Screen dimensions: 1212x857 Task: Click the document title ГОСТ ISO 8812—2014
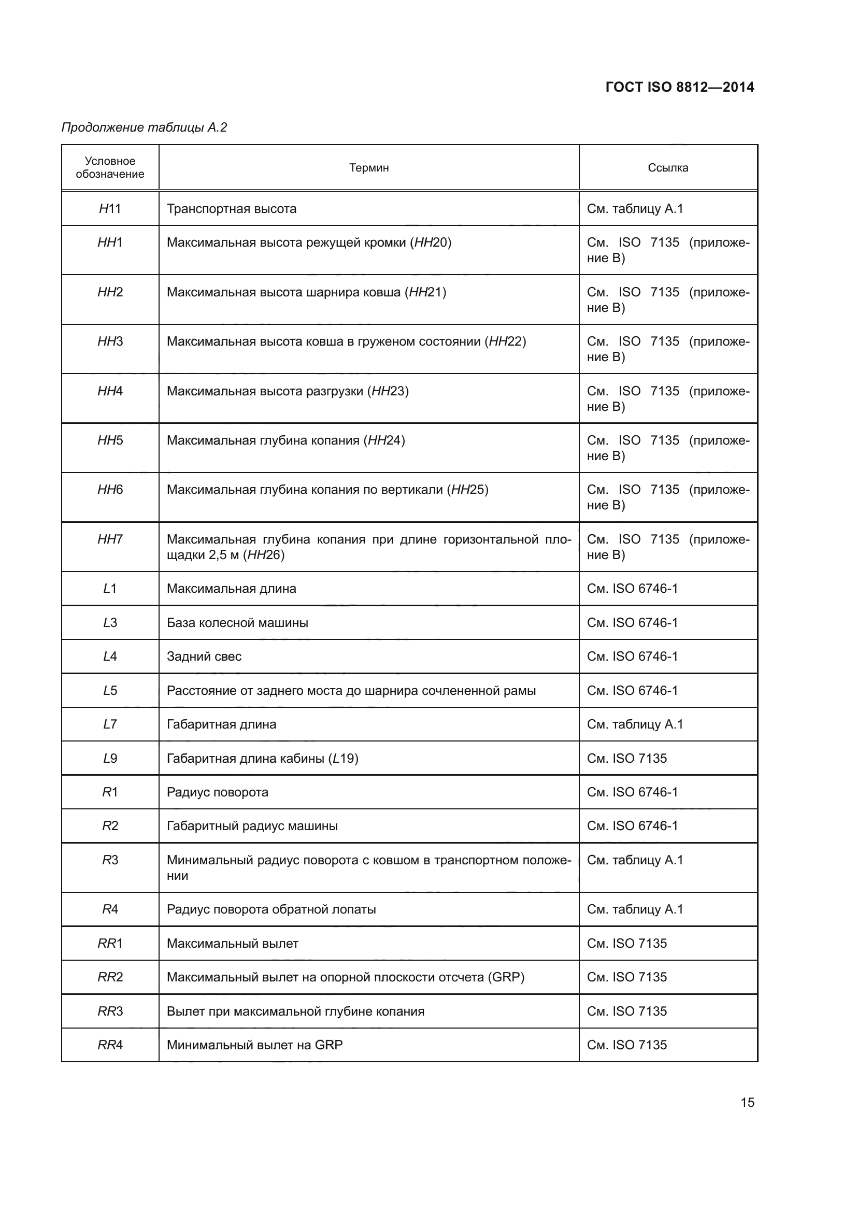coord(679,87)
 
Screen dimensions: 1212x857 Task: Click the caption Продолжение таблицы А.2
coord(144,127)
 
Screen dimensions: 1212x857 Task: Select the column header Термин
coord(369,168)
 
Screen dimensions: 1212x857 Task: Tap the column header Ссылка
coord(667,168)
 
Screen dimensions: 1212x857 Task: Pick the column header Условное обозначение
coord(110,168)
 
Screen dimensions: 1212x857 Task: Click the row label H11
coord(110,209)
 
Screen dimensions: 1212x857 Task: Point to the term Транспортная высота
coord(232,209)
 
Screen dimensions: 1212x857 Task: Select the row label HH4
coord(110,391)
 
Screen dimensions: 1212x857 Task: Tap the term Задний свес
coord(204,657)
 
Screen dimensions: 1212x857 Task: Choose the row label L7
coord(110,725)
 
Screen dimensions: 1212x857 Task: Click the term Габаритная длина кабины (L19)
coord(262,759)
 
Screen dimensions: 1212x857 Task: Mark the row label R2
coord(110,826)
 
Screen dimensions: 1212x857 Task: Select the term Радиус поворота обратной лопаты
coord(271,909)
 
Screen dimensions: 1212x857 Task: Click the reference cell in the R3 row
coord(635,861)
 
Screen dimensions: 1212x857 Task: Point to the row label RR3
coord(110,1011)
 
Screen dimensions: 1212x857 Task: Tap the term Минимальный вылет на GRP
coord(254,1045)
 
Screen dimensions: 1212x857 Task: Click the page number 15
coord(747,1103)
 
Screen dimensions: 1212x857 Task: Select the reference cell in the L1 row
coord(632,589)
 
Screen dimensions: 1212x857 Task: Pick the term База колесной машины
coord(237,623)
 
